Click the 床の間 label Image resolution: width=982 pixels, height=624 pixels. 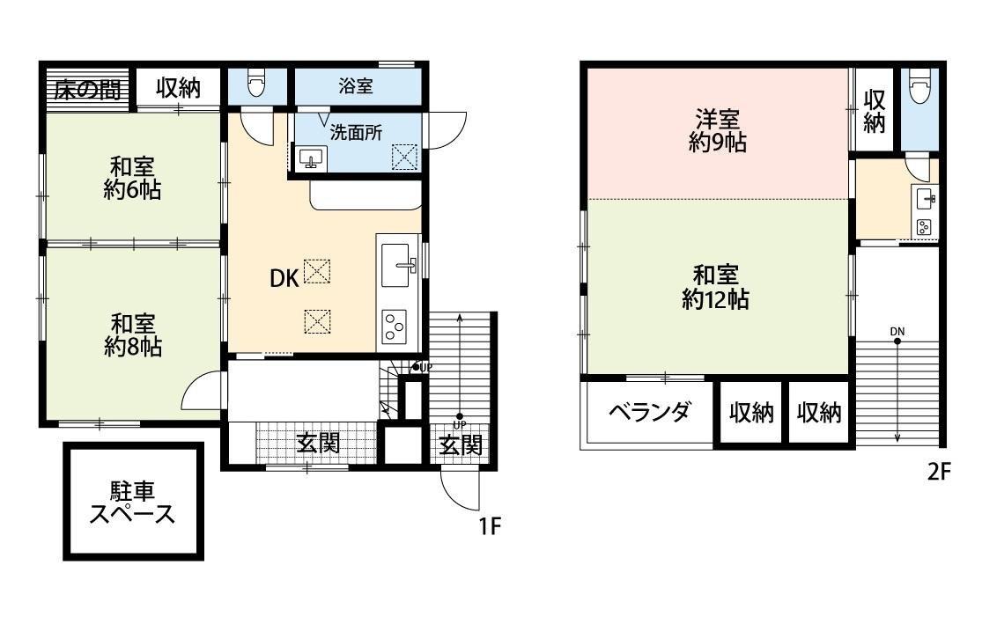tap(85, 89)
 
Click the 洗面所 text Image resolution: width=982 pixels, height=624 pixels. tap(356, 134)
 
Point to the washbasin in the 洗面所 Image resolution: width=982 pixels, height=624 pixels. tap(309, 158)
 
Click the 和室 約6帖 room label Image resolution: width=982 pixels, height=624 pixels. tap(132, 177)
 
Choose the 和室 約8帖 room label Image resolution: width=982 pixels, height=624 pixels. tap(132, 334)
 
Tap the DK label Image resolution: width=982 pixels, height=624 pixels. tap(284, 278)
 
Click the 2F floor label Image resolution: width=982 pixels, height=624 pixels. tap(939, 472)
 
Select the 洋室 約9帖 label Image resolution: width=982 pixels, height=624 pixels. tap(717, 130)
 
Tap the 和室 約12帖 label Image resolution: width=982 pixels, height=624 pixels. tap(715, 287)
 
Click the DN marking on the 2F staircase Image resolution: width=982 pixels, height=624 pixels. tap(897, 331)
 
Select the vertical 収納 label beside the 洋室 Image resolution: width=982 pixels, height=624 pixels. tap(873, 111)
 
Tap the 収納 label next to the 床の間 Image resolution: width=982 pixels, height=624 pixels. tap(178, 89)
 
